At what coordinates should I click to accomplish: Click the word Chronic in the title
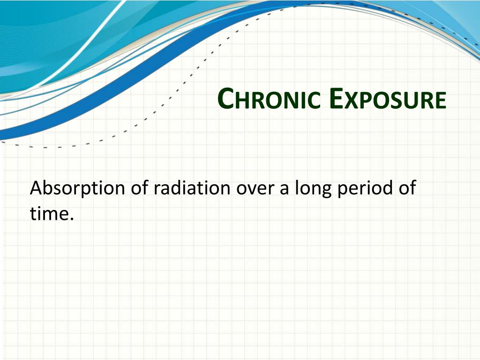[269, 99]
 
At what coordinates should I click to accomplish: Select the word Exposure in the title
[388, 99]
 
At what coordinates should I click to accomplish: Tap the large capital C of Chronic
[226, 98]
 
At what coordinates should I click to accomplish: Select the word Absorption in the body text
[77, 188]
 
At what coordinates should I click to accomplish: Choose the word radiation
[192, 187]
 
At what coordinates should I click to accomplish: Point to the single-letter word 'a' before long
[285, 189]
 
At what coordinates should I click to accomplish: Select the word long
[313, 188]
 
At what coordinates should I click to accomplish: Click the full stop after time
[72, 218]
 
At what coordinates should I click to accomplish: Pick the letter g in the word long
[326, 192]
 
